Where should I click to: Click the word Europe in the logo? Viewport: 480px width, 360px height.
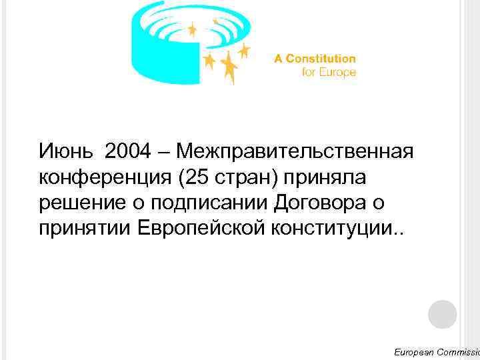point(337,73)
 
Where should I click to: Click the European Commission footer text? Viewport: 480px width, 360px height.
point(436,351)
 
